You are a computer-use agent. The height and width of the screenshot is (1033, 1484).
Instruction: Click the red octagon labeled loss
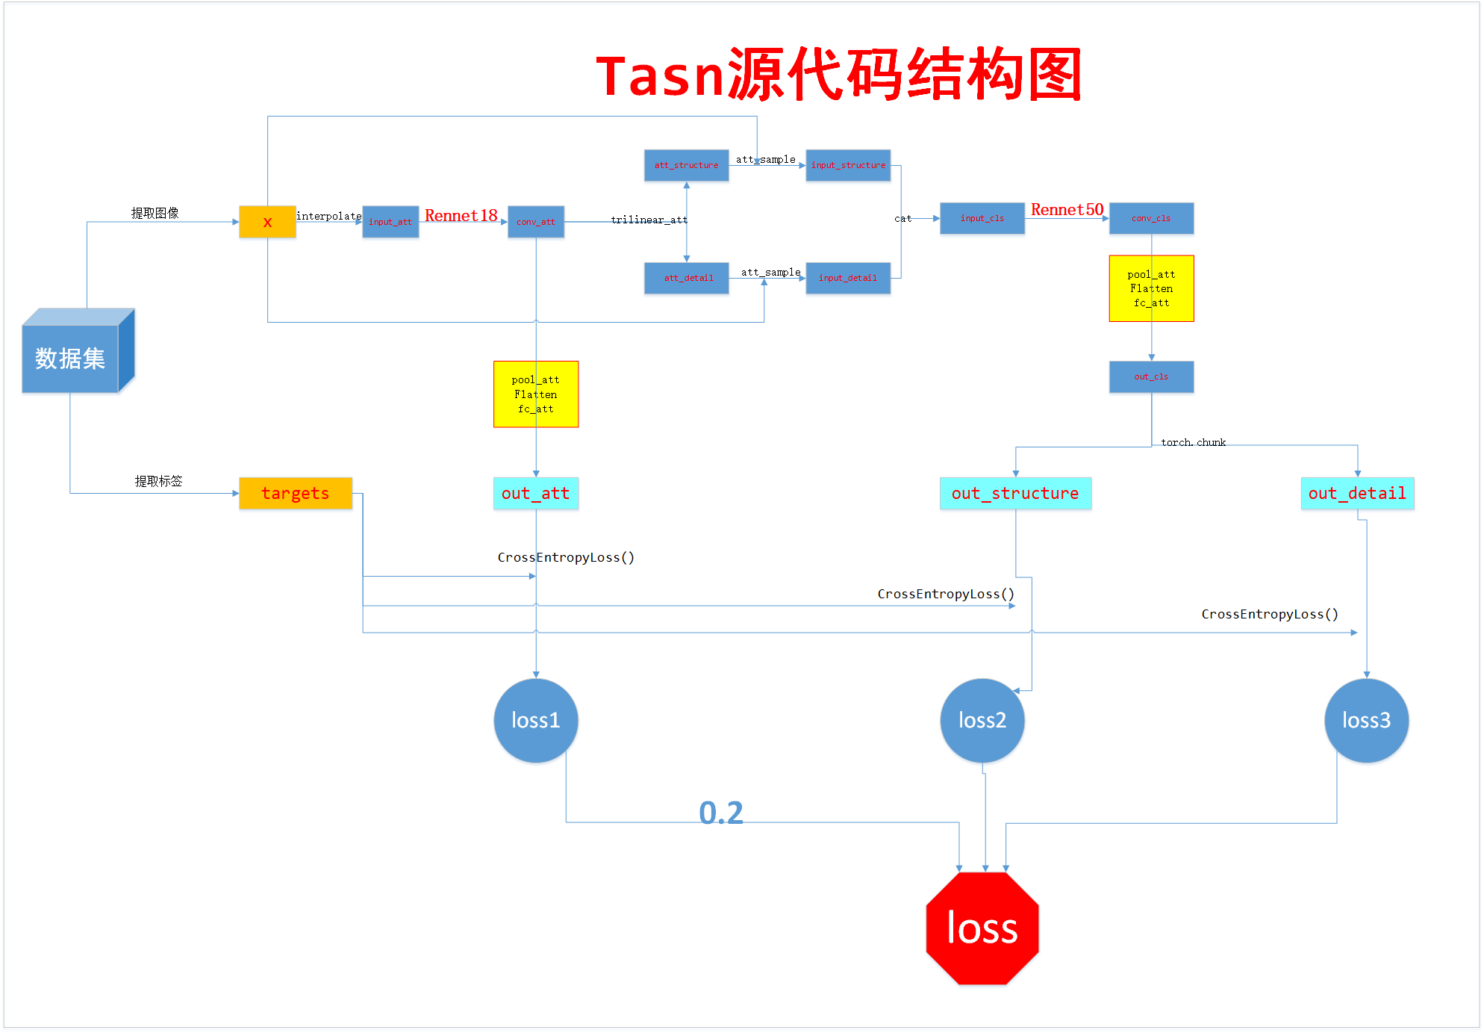tap(982, 928)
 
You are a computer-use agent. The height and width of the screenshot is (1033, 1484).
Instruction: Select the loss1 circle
tap(535, 720)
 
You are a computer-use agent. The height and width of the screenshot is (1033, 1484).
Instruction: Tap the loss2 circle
tap(982, 720)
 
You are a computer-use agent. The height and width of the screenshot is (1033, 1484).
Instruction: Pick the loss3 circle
tap(1366, 720)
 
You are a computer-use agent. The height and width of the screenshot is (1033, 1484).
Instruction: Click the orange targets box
tap(295, 493)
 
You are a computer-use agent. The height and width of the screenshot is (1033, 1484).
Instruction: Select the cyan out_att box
tap(535, 493)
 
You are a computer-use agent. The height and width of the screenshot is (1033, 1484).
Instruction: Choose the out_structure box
tap(1015, 493)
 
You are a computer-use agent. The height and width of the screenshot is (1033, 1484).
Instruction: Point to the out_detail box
tap(1357, 493)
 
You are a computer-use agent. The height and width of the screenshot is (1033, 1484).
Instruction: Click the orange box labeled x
tap(267, 222)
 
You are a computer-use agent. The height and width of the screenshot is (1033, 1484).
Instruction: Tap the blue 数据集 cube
tap(71, 357)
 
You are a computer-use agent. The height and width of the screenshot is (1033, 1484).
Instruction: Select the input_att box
tap(390, 222)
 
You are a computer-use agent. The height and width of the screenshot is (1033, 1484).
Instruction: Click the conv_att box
tap(536, 222)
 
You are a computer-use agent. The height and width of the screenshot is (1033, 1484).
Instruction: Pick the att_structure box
tap(686, 165)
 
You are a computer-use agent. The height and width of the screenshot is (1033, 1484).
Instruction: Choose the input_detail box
tap(848, 278)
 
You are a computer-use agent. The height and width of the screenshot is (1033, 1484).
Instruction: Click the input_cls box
tap(982, 218)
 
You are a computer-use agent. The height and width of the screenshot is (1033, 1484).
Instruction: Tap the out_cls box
tap(1151, 376)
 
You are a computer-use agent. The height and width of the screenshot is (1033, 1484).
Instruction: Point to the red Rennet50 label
tap(1067, 210)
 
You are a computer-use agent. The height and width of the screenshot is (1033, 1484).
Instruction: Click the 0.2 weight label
tap(721, 813)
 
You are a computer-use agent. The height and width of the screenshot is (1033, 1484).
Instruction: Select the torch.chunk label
tap(1193, 442)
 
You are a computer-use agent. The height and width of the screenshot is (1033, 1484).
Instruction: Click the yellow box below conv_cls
tap(1151, 288)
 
